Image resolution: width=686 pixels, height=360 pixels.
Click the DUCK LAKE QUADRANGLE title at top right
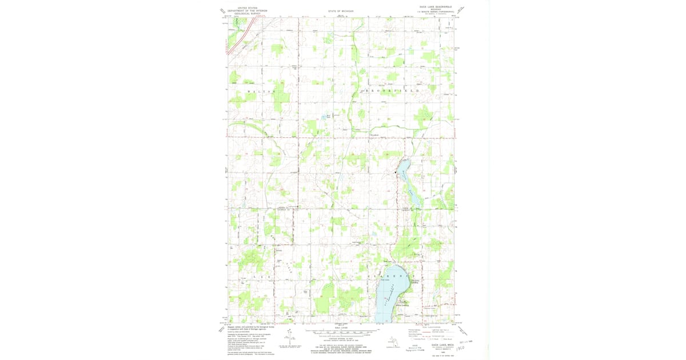tap(436, 7)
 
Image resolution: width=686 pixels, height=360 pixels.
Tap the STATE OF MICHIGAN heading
tap(341, 11)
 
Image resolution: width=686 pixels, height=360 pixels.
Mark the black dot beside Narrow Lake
tap(395, 173)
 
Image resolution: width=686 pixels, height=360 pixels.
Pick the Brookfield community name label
tap(375, 135)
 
